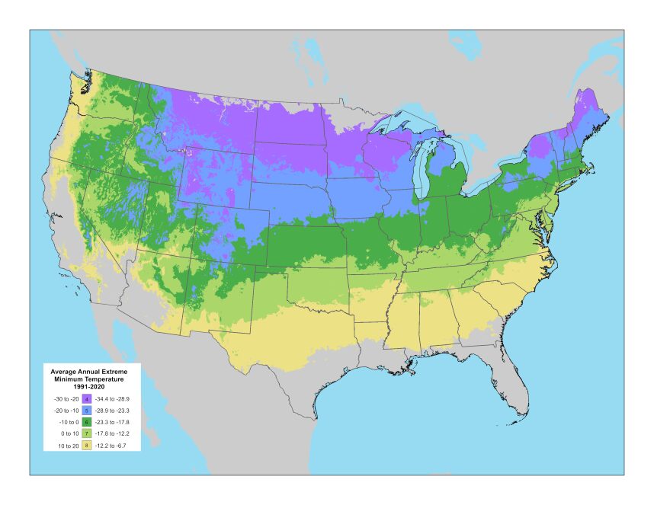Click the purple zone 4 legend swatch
(87, 399)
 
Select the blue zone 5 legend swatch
(87, 411)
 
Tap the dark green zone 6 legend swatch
(87, 422)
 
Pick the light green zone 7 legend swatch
(87, 433)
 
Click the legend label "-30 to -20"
(66, 399)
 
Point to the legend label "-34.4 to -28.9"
(112, 399)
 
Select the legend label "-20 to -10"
(66, 411)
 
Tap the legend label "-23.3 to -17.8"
(112, 422)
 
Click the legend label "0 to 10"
(70, 433)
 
